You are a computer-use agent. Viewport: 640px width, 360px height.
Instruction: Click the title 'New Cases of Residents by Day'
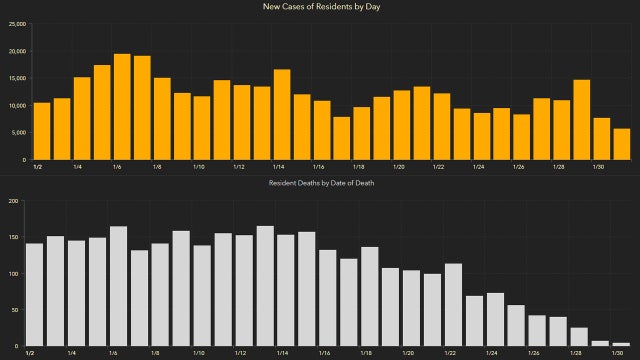click(x=320, y=7)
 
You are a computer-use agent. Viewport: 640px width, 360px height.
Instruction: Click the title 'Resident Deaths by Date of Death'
click(x=320, y=185)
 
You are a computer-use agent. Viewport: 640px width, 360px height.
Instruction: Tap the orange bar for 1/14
click(x=282, y=114)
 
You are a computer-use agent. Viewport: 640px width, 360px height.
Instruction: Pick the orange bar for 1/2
click(x=41, y=131)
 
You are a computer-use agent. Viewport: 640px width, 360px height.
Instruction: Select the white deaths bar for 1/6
click(x=118, y=286)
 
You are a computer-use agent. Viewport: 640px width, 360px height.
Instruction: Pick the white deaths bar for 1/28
click(x=579, y=336)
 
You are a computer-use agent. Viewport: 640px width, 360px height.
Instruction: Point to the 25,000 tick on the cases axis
click(x=15, y=25)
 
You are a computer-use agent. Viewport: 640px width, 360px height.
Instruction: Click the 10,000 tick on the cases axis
click(x=15, y=105)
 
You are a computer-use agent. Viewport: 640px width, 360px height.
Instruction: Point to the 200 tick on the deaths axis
click(x=12, y=201)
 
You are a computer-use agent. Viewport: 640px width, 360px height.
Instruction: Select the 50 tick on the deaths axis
click(x=14, y=310)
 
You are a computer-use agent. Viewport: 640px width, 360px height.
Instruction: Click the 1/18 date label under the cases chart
click(x=357, y=167)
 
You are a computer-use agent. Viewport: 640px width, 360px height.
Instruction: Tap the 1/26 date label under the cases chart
click(x=518, y=167)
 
